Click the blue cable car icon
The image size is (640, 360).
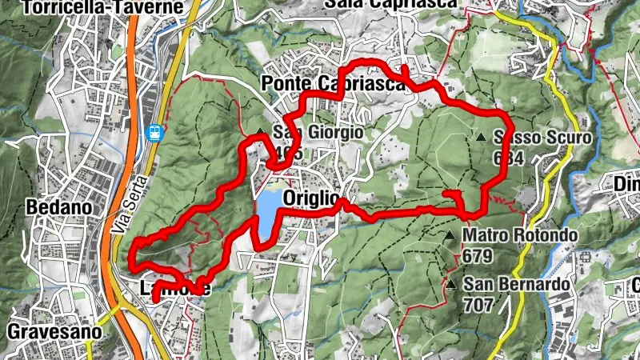pyautogui.click(x=154, y=132)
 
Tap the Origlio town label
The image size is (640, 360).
pyautogui.click(x=313, y=198)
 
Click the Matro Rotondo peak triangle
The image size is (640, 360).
pyautogui.click(x=451, y=235)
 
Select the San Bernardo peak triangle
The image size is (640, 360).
pyautogui.click(x=452, y=284)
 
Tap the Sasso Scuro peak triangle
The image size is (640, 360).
pyautogui.click(x=481, y=138)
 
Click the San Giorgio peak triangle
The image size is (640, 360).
pyautogui.click(x=262, y=133)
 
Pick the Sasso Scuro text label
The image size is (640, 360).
pyautogui.click(x=542, y=138)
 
